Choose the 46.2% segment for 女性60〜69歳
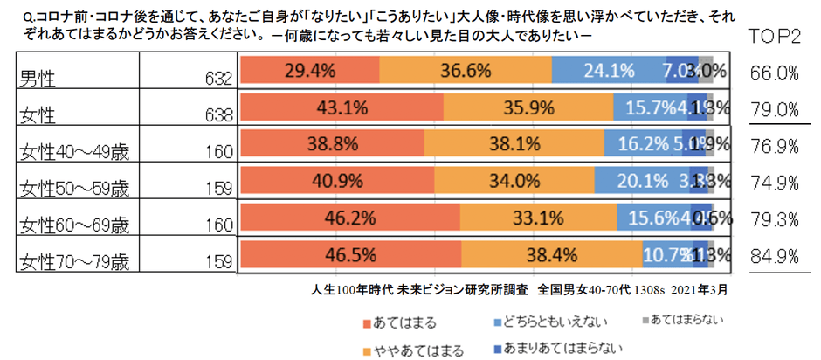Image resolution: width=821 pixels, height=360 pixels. (348, 218)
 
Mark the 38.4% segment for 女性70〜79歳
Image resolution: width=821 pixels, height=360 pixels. (551, 255)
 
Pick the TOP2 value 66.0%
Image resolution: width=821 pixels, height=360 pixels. (775, 73)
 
